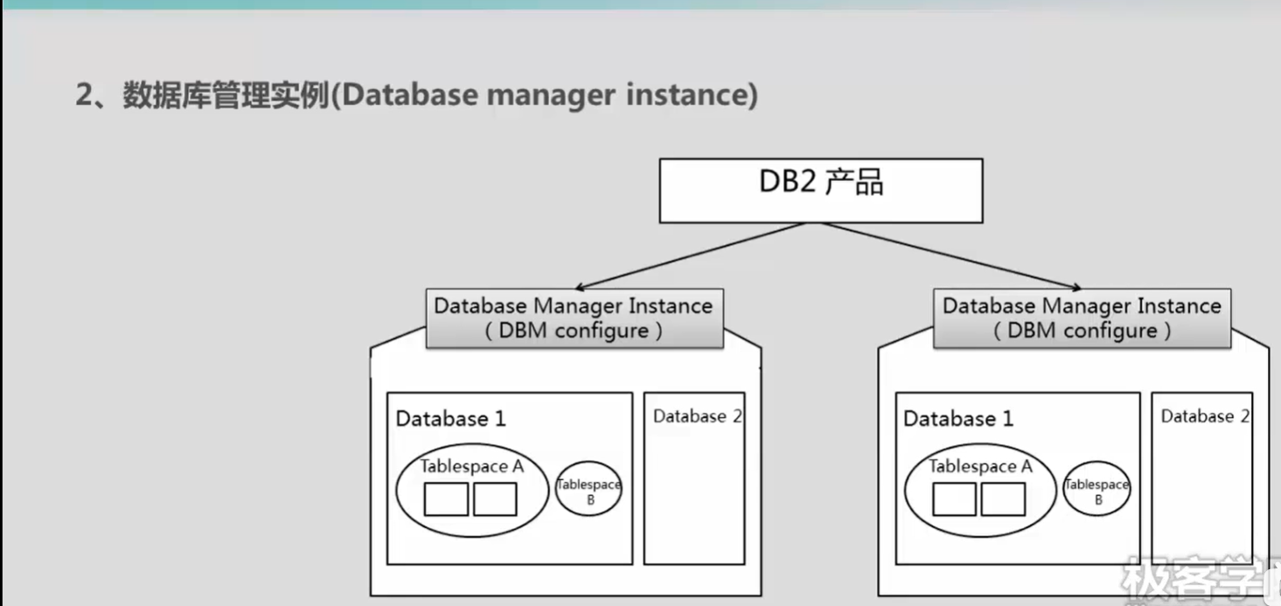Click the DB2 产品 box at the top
click(x=820, y=191)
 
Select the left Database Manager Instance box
click(x=574, y=318)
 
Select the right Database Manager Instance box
click(x=1082, y=318)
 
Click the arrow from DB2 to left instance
click(x=691, y=255)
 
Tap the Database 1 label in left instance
click(x=450, y=419)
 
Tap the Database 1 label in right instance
click(x=958, y=419)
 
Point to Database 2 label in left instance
click(x=697, y=416)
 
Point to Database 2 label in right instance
click(x=1204, y=416)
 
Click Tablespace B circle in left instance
click(x=588, y=489)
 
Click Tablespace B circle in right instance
click(x=1097, y=489)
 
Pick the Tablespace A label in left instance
click(x=471, y=466)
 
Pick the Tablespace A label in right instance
click(x=980, y=466)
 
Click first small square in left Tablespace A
click(x=446, y=499)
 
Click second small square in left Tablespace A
click(x=495, y=499)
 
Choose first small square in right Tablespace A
click(x=954, y=499)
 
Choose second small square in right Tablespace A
click(x=1003, y=499)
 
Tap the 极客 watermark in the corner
click(x=1172, y=578)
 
